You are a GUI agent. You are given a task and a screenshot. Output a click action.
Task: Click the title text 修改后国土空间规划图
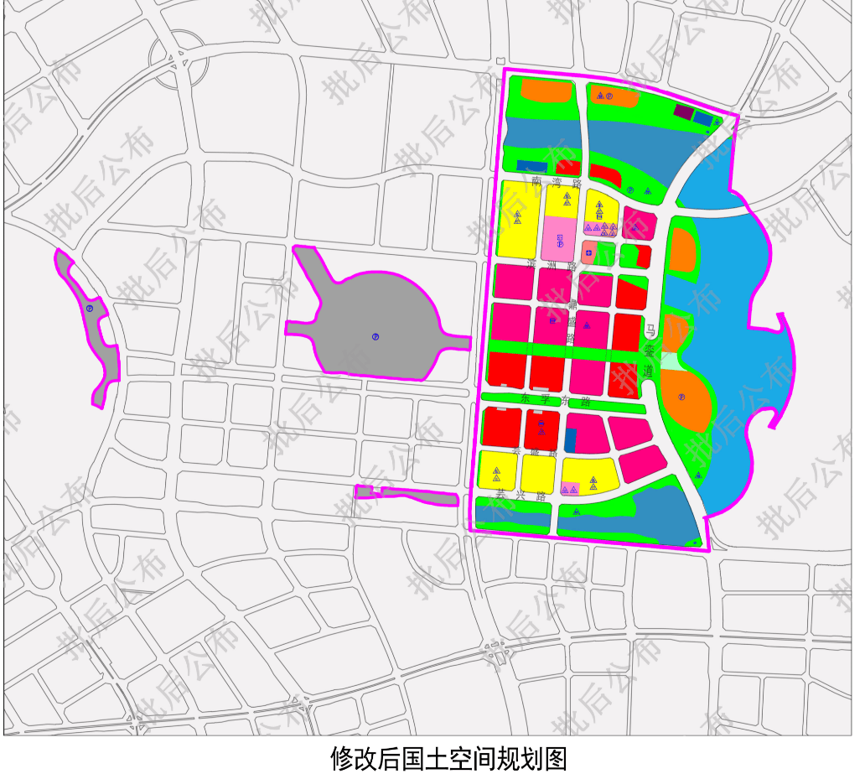pyautogui.click(x=448, y=758)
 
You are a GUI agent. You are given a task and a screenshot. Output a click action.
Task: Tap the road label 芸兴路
pyautogui.click(x=521, y=496)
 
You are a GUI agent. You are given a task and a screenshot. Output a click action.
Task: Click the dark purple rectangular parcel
pyautogui.click(x=683, y=112)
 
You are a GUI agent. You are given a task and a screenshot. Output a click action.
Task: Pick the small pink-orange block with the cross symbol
pyautogui.click(x=589, y=252)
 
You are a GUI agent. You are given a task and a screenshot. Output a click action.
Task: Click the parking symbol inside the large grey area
pyautogui.click(x=376, y=336)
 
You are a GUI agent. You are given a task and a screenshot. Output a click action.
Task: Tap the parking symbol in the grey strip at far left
pyautogui.click(x=89, y=309)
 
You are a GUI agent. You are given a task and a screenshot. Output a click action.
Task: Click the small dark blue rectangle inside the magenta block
pyautogui.click(x=571, y=440)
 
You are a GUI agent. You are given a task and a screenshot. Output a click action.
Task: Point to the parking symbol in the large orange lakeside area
pyautogui.click(x=681, y=397)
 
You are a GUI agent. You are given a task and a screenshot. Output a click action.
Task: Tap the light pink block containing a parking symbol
pyautogui.click(x=559, y=238)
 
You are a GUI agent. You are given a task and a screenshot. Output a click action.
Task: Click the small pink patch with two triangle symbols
pyautogui.click(x=570, y=488)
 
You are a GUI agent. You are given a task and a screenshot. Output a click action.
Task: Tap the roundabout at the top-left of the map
pyautogui.click(x=178, y=58)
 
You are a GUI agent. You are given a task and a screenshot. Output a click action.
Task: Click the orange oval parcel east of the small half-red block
pyautogui.click(x=683, y=249)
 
